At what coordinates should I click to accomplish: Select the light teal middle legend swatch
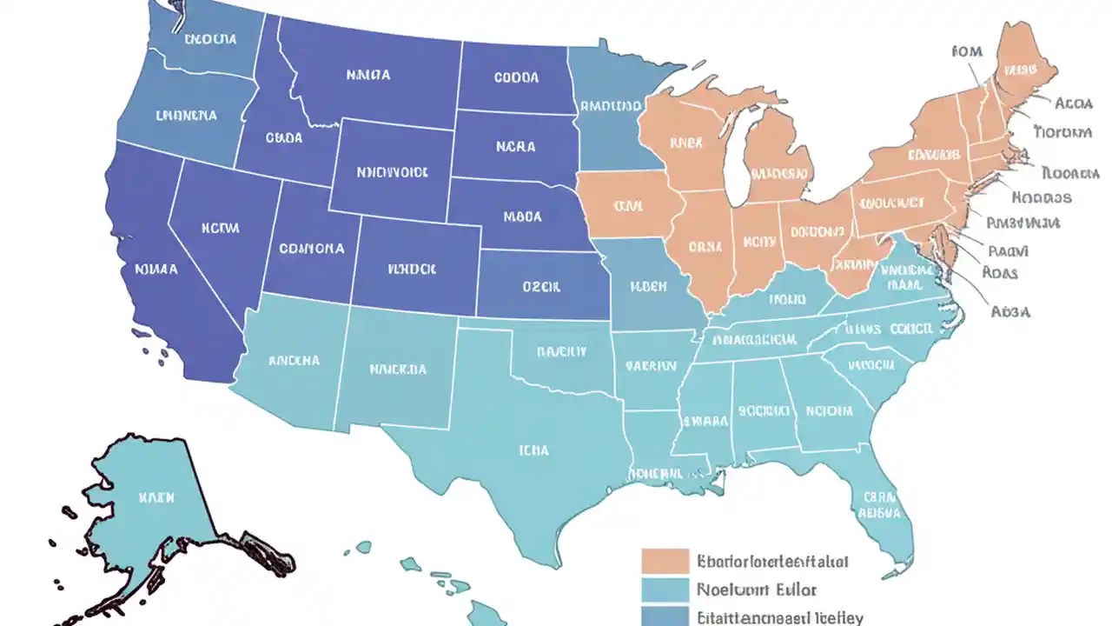(665, 589)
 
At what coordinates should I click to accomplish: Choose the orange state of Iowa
(627, 206)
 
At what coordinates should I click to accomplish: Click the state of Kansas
(543, 285)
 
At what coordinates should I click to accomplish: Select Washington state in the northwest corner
(208, 39)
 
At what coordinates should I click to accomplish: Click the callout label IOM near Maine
(966, 51)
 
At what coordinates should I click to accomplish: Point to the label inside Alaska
(156, 498)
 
